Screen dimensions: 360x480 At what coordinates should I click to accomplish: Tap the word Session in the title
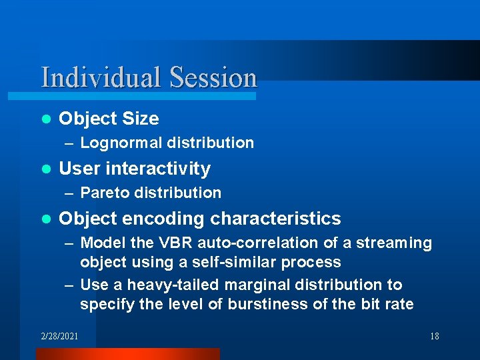pos(213,77)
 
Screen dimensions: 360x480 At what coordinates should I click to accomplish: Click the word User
pos(77,169)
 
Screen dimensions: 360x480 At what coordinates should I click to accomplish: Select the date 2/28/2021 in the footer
pos(59,336)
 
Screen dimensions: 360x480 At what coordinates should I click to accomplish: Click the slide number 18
pos(434,336)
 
